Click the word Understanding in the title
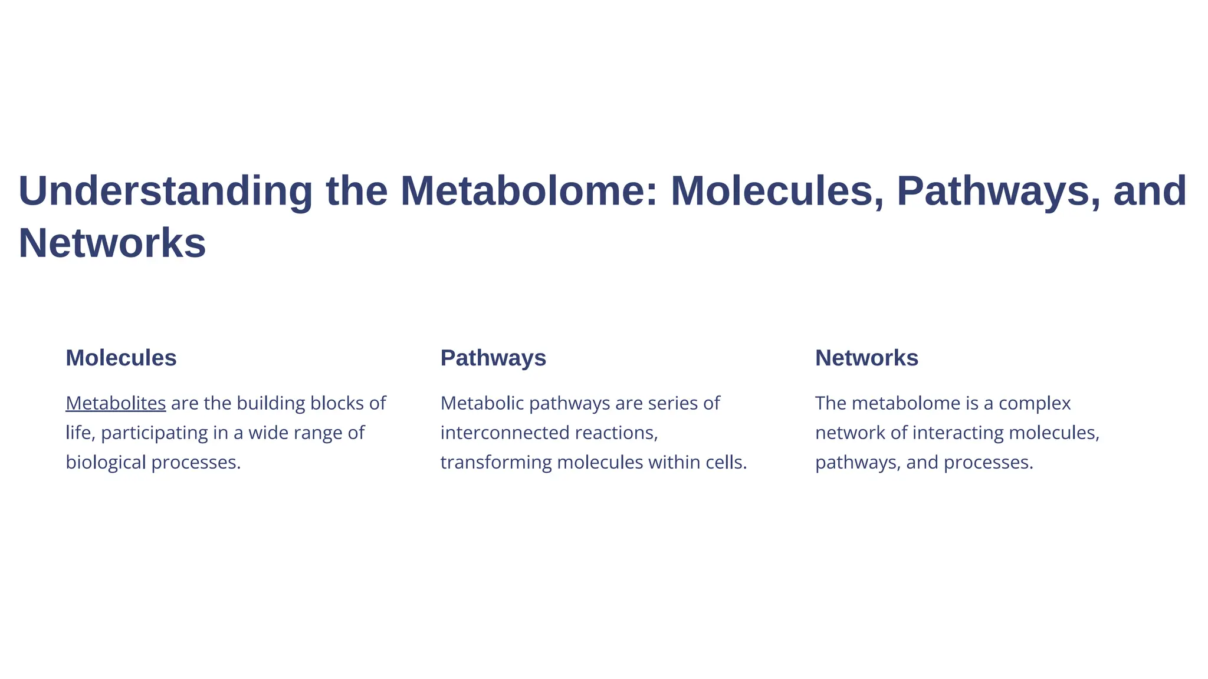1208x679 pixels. coord(165,192)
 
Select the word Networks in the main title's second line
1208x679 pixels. coord(112,243)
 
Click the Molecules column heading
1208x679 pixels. coord(121,358)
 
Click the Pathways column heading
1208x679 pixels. coord(493,358)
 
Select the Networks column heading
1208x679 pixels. coord(866,358)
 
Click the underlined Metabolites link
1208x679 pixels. coord(116,403)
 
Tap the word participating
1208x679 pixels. coord(155,433)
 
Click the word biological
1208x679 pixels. coord(106,463)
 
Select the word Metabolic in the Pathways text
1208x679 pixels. coord(482,403)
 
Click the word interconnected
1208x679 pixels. coord(505,433)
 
